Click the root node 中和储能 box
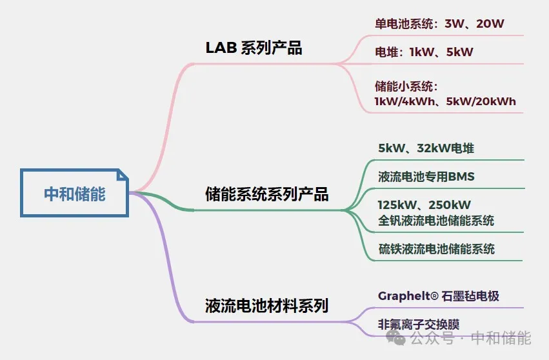pos(74,194)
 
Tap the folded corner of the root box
pos(123,175)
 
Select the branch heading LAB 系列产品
pos(254,48)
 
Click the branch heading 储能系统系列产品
pos(267,194)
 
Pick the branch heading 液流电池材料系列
pos(266,305)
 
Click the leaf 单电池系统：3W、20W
pos(439,23)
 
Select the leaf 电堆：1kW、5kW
pos(424,52)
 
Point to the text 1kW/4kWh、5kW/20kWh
pos(445,101)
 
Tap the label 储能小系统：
pos(406,86)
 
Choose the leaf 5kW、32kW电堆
pos(426,148)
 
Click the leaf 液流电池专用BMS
pos(426,177)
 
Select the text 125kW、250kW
pos(424,205)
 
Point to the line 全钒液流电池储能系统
pos(436,221)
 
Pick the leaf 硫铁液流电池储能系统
pos(436,249)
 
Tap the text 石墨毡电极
pos(470,296)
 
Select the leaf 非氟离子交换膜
pos(419,325)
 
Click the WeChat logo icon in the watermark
pos(395,337)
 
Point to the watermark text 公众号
pos(432,338)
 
